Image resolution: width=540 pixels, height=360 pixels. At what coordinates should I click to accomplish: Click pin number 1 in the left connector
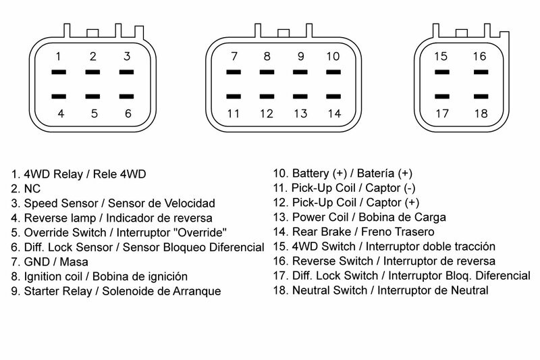point(59,56)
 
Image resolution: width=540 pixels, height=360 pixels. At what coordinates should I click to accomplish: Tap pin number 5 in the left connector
point(93,113)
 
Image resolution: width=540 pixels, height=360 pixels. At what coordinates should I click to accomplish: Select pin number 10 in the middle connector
point(333,56)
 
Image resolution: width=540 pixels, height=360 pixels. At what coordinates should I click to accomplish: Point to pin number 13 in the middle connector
point(300,113)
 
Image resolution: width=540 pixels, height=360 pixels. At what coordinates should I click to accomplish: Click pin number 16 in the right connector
point(479,56)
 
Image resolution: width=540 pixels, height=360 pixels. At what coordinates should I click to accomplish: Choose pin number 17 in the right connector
point(442,113)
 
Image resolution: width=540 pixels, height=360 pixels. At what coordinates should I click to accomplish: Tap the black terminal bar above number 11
point(234,97)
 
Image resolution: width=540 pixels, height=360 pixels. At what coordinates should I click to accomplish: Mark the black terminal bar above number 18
point(480,97)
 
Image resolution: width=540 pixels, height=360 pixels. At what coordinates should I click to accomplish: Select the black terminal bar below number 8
point(267,72)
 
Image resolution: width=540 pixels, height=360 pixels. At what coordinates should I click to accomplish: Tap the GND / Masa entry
point(50,261)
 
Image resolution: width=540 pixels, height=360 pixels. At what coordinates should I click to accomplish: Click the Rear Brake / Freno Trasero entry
point(358,232)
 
